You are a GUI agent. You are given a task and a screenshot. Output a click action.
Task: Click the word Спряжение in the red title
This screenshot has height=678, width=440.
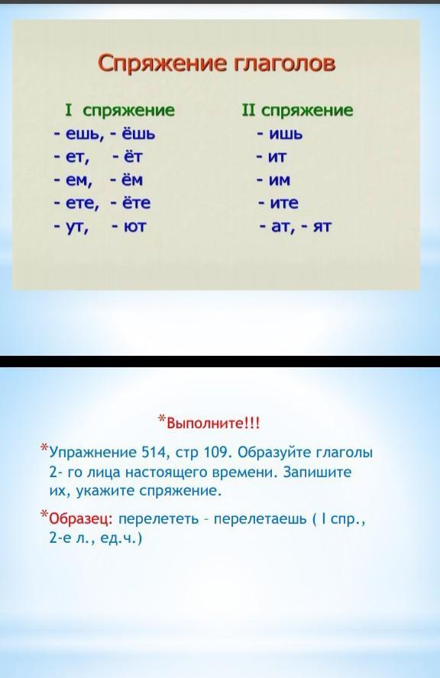pyautogui.click(x=162, y=64)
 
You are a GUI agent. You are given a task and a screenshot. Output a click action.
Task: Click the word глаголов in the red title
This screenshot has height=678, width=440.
pyautogui.click(x=285, y=63)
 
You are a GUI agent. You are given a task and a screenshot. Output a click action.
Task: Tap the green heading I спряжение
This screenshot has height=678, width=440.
pyautogui.click(x=120, y=111)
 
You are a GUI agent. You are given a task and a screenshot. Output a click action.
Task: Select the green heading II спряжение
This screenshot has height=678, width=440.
pyautogui.click(x=298, y=111)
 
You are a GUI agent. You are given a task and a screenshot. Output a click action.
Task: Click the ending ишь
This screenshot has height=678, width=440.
pyautogui.click(x=286, y=134)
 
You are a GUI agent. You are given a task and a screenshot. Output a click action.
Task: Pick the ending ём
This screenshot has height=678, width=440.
pyautogui.click(x=133, y=179)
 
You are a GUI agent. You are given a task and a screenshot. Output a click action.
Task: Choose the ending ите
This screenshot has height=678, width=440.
pyautogui.click(x=284, y=203)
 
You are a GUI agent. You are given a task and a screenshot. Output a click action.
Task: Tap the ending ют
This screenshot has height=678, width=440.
pyautogui.click(x=135, y=226)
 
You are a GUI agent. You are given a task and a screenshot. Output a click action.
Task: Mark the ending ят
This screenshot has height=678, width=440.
pyautogui.click(x=322, y=226)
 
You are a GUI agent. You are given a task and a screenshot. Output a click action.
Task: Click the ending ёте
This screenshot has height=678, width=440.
pyautogui.click(x=137, y=202)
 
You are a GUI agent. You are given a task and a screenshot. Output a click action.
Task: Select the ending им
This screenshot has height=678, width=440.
pyautogui.click(x=279, y=180)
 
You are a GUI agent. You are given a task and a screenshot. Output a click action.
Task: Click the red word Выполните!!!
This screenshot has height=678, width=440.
pyautogui.click(x=213, y=422)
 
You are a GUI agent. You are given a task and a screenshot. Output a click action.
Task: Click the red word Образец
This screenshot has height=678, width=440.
pyautogui.click(x=81, y=518)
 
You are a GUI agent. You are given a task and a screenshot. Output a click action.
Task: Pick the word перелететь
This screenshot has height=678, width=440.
pyautogui.click(x=158, y=518)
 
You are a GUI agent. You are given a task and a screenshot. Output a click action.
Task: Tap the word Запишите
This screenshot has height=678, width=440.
pyautogui.click(x=317, y=472)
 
